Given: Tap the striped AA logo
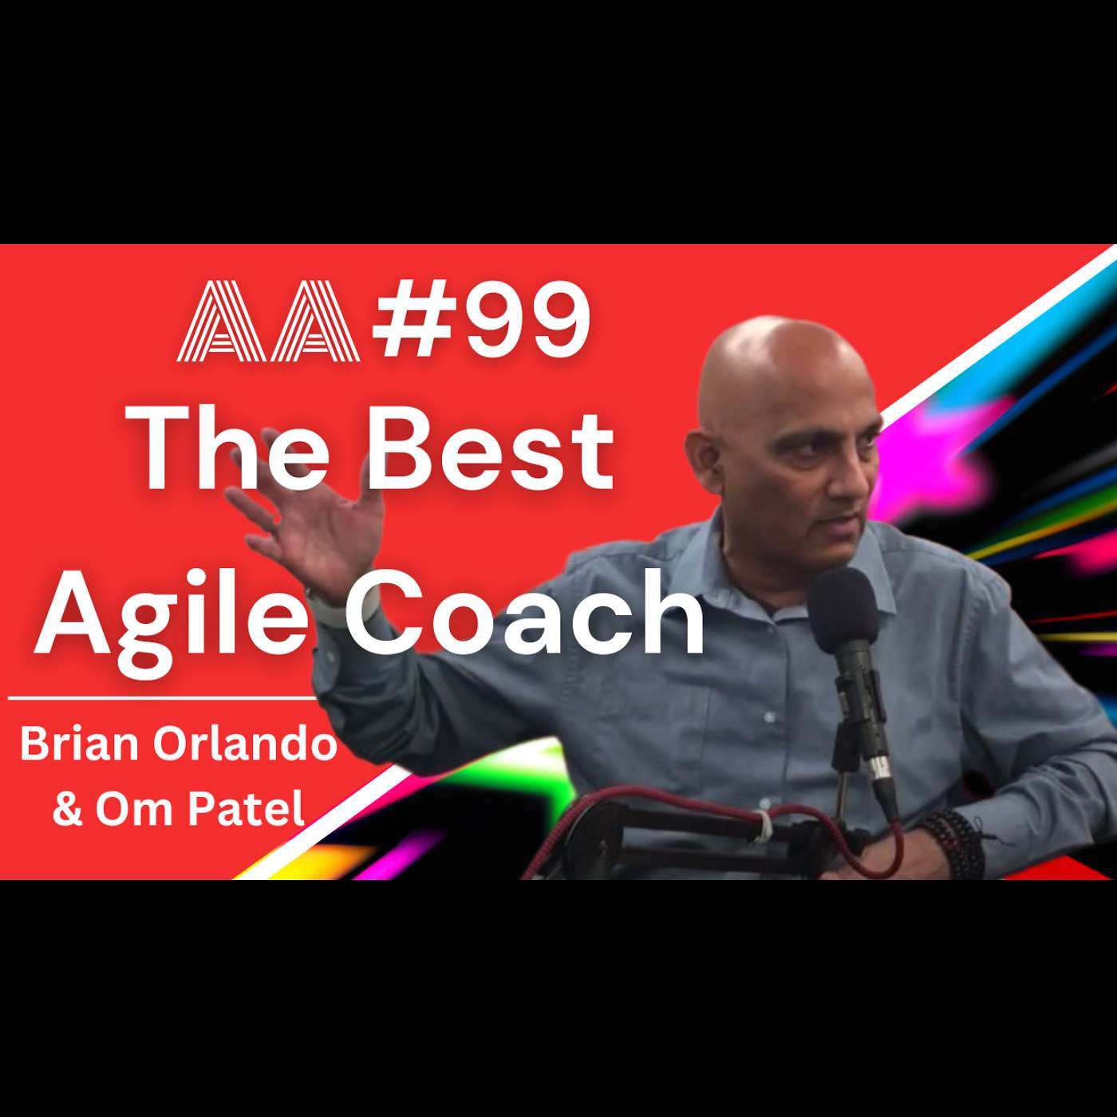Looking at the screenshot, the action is tap(268, 321).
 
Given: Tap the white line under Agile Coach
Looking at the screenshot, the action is tap(162, 698).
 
